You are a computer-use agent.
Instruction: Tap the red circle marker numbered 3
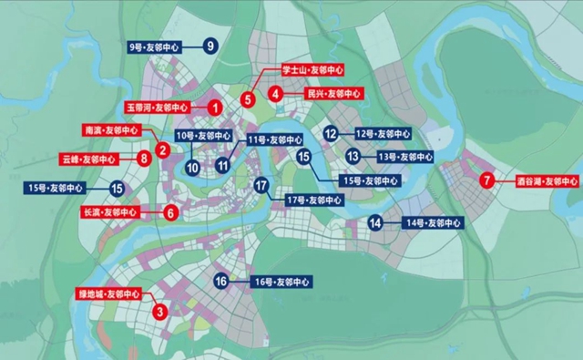click(x=160, y=312)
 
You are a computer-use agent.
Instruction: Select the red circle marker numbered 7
click(x=488, y=180)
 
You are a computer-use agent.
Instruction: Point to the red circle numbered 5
click(x=248, y=98)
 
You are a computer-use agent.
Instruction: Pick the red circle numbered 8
click(x=144, y=159)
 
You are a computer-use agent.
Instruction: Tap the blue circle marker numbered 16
click(x=220, y=282)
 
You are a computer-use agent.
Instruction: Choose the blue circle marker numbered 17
click(x=261, y=187)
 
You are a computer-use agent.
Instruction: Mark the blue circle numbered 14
click(x=375, y=222)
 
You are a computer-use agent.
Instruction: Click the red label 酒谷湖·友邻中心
click(x=545, y=180)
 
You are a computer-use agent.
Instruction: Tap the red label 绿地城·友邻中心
click(x=108, y=294)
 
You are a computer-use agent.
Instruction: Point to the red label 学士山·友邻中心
click(x=311, y=68)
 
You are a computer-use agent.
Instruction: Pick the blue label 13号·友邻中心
click(x=399, y=157)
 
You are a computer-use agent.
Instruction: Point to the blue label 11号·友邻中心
click(x=274, y=140)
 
